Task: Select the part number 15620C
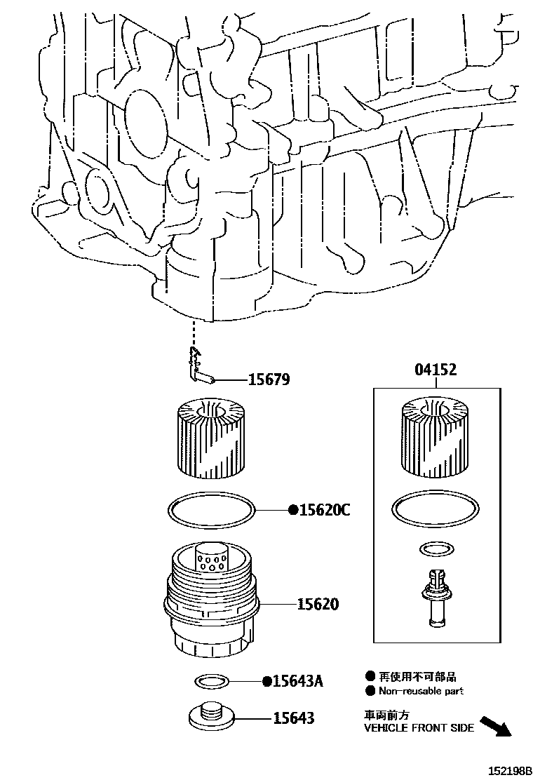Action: click(x=325, y=510)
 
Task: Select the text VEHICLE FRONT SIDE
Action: click(x=419, y=727)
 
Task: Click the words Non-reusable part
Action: click(x=421, y=691)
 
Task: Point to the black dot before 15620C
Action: click(x=293, y=510)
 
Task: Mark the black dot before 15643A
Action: click(x=266, y=681)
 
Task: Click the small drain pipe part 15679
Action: click(x=200, y=368)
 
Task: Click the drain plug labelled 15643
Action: click(x=210, y=717)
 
